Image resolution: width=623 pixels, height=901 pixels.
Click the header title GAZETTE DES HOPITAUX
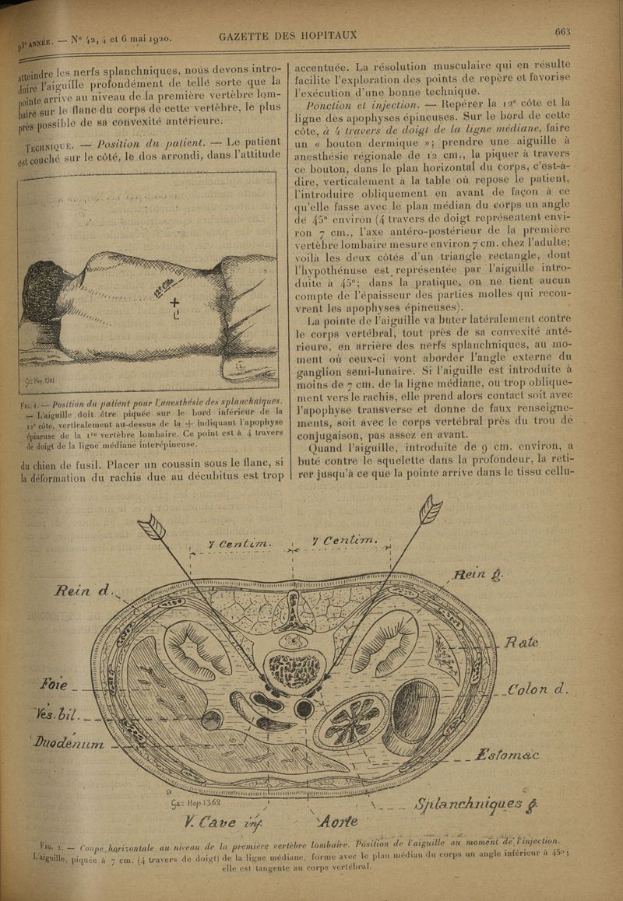(288, 35)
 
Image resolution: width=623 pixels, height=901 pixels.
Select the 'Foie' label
(54, 686)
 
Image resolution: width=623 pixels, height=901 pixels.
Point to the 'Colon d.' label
(537, 689)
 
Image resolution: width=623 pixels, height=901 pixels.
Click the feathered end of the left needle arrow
(153, 527)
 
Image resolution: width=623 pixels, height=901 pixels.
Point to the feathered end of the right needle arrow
(430, 510)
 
